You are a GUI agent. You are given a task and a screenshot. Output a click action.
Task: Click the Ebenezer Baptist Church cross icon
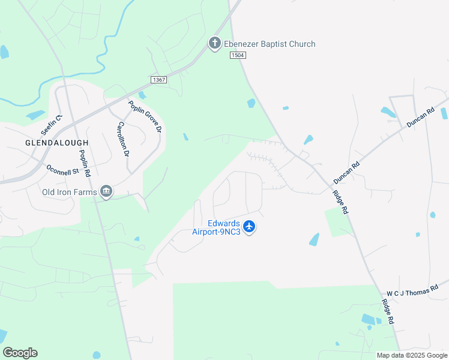coord(214,43)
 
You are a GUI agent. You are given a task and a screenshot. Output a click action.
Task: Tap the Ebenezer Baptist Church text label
coord(270,44)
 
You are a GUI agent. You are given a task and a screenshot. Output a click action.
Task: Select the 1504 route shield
coord(238,55)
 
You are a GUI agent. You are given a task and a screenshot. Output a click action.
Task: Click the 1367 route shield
coord(158,79)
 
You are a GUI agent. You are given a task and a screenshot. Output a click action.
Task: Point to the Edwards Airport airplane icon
coord(250,227)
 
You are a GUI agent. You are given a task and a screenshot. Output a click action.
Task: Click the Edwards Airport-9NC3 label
coord(217,227)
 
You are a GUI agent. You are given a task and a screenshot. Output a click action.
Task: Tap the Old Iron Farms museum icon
coord(106,191)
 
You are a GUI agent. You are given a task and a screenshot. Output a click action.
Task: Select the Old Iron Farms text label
coord(70,193)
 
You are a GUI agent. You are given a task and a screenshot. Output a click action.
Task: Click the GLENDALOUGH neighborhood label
coord(56,143)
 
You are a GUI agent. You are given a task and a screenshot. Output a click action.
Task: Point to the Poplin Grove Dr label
coord(145,116)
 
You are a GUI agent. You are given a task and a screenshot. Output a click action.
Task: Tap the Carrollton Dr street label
coord(123,139)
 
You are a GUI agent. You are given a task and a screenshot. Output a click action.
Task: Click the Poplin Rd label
coord(83,163)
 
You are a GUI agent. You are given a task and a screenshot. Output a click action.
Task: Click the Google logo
coord(20,353)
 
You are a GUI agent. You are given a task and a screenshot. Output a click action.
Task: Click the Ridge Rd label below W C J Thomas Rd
coord(387,312)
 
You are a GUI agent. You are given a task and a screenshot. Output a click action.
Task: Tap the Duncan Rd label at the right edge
coord(420,117)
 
